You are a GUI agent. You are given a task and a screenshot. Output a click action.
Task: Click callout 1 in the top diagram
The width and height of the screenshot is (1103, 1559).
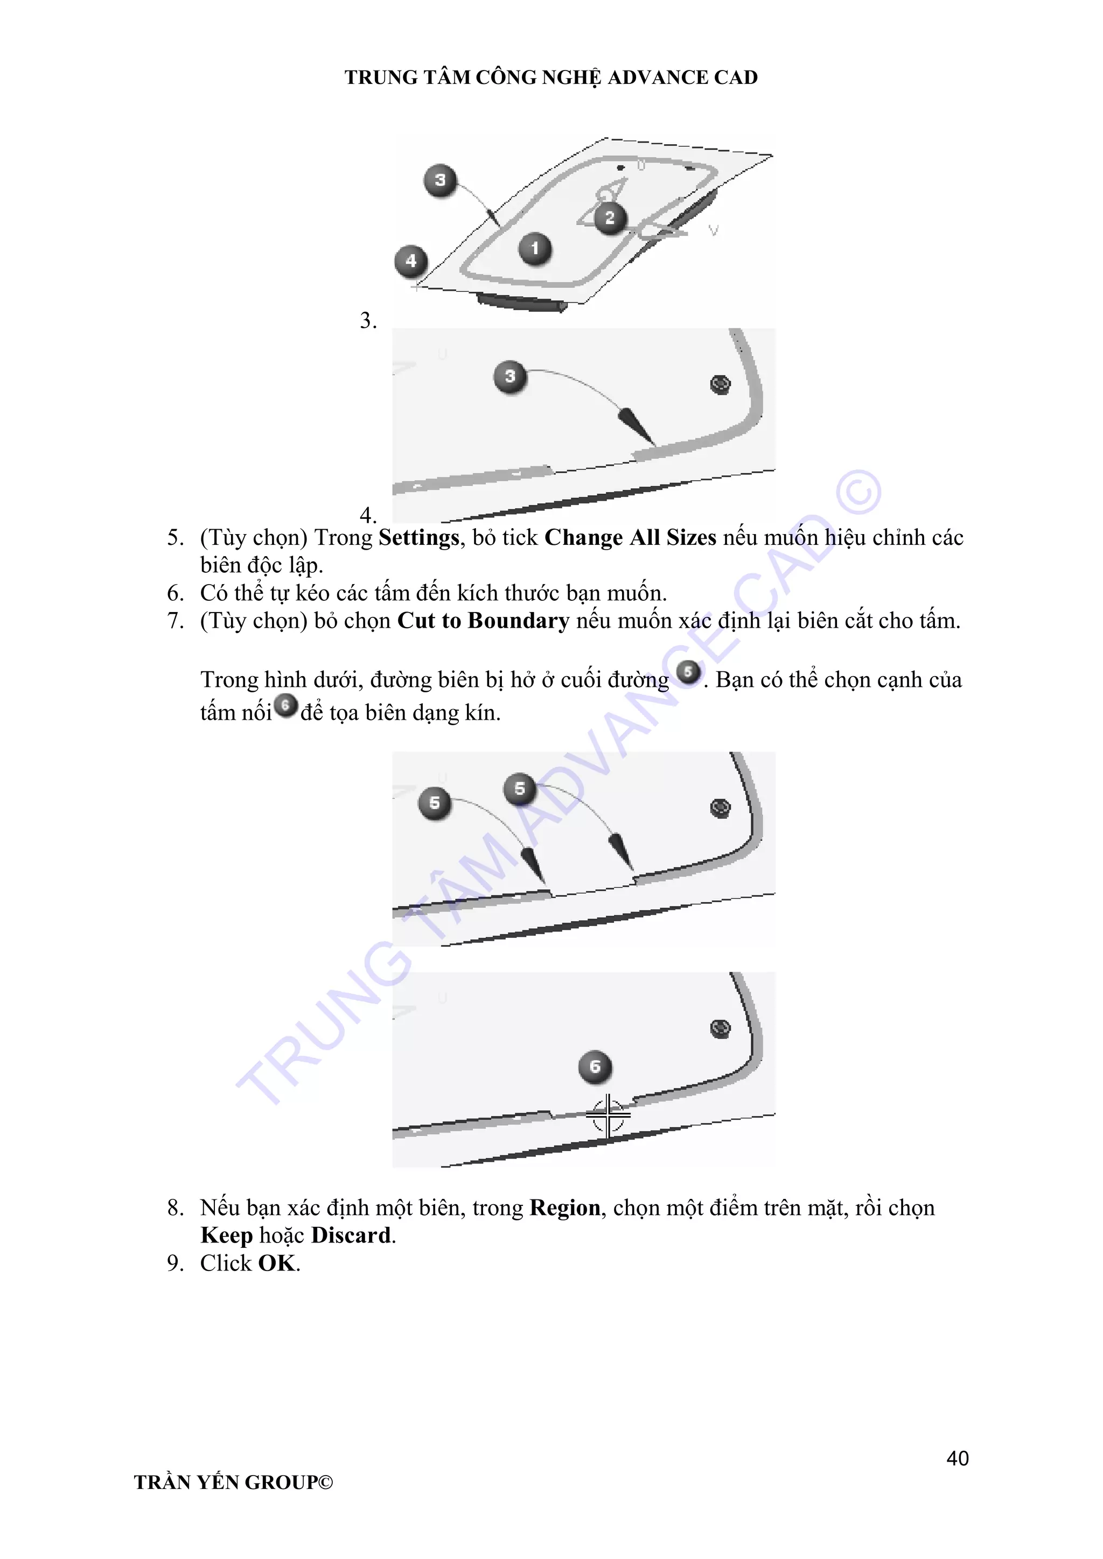click(x=535, y=249)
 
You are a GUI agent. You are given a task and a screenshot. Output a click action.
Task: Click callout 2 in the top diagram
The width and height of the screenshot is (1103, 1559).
click(x=610, y=218)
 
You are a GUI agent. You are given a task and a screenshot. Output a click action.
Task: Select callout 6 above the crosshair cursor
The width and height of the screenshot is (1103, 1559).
click(x=595, y=1067)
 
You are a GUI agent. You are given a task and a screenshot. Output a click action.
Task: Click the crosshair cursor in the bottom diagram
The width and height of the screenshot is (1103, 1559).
click(x=608, y=1114)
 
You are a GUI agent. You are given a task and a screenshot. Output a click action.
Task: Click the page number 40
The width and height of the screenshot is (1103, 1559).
click(x=957, y=1458)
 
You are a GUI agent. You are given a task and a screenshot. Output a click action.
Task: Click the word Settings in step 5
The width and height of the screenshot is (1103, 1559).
click(x=419, y=538)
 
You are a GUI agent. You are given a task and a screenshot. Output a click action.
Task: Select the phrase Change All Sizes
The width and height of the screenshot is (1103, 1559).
click(x=630, y=538)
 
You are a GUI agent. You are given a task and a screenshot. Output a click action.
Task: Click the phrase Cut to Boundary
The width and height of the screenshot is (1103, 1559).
click(x=483, y=621)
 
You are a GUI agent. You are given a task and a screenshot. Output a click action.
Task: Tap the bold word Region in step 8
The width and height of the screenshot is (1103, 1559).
click(x=565, y=1208)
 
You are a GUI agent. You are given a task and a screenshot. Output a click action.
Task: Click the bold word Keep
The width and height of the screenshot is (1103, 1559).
click(x=227, y=1235)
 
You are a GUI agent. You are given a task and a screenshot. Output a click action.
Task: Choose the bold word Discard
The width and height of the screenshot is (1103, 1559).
click(x=351, y=1235)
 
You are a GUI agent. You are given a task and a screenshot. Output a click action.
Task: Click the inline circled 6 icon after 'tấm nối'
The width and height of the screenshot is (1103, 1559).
click(x=286, y=706)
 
